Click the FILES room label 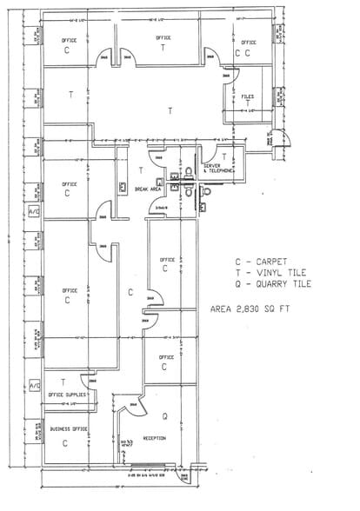point(247,96)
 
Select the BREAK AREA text point(144,188)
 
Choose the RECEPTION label point(156,438)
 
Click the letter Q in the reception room point(164,415)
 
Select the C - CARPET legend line point(258,261)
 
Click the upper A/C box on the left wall point(35,211)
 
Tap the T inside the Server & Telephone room point(224,156)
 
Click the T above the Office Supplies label point(63,382)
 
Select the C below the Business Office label point(65,442)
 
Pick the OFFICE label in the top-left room point(69,41)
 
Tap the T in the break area point(140,170)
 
